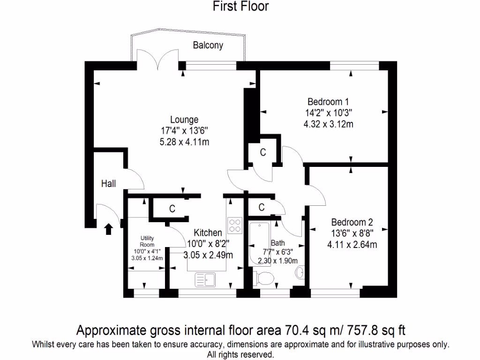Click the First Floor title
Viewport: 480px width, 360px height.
[x=240, y=7]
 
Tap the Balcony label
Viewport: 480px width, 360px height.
[x=208, y=45]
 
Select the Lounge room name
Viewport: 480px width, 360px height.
[x=184, y=120]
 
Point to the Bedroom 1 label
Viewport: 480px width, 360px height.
[x=328, y=102]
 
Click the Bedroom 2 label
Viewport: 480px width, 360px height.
[x=352, y=222]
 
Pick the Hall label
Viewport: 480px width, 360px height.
[x=108, y=184]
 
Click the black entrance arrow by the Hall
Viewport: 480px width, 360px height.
[x=108, y=229]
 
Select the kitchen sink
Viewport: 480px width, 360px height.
[x=205, y=280]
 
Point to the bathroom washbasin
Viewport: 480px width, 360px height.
[x=300, y=272]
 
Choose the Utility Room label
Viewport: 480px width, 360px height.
[x=147, y=241]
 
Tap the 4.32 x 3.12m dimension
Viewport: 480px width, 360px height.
[x=328, y=124]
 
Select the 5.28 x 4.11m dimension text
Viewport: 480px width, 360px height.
[x=184, y=142]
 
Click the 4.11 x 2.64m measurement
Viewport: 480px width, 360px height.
[x=352, y=244]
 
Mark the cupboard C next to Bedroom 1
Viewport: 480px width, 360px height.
[x=263, y=152]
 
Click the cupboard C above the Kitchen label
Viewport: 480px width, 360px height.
[x=172, y=209]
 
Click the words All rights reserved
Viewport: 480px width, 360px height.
[x=240, y=354]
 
